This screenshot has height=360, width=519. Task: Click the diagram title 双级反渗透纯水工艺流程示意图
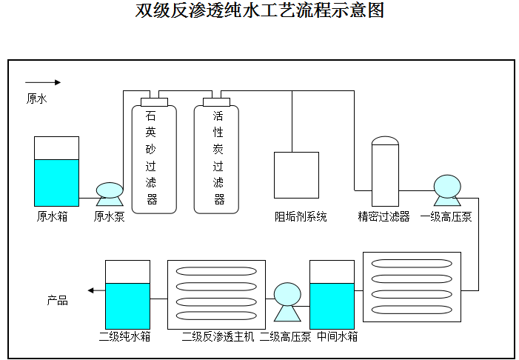pyautogui.click(x=260, y=12)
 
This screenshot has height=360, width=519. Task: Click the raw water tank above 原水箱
pyautogui.click(x=56, y=171)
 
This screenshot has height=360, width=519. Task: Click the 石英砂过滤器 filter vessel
pyautogui.click(x=154, y=157)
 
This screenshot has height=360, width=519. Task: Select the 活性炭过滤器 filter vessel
pyautogui.click(x=216, y=157)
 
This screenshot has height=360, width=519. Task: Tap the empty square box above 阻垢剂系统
pyautogui.click(x=296, y=175)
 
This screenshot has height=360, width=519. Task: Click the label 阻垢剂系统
pyautogui.click(x=301, y=217)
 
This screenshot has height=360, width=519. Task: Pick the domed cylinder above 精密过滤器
pyautogui.click(x=385, y=171)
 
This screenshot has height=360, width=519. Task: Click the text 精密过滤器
pyautogui.click(x=384, y=217)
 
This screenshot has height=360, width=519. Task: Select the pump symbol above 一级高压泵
pyautogui.click(x=447, y=190)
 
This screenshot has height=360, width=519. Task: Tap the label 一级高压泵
pyautogui.click(x=446, y=217)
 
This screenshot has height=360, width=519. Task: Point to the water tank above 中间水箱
pyautogui.click(x=332, y=295)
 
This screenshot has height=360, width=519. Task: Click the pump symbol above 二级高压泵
pyautogui.click(x=287, y=301)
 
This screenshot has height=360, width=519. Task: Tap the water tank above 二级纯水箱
pyautogui.click(x=127, y=295)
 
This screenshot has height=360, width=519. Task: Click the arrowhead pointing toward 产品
pyautogui.click(x=90, y=290)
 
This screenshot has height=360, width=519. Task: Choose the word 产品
pyautogui.click(x=58, y=300)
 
